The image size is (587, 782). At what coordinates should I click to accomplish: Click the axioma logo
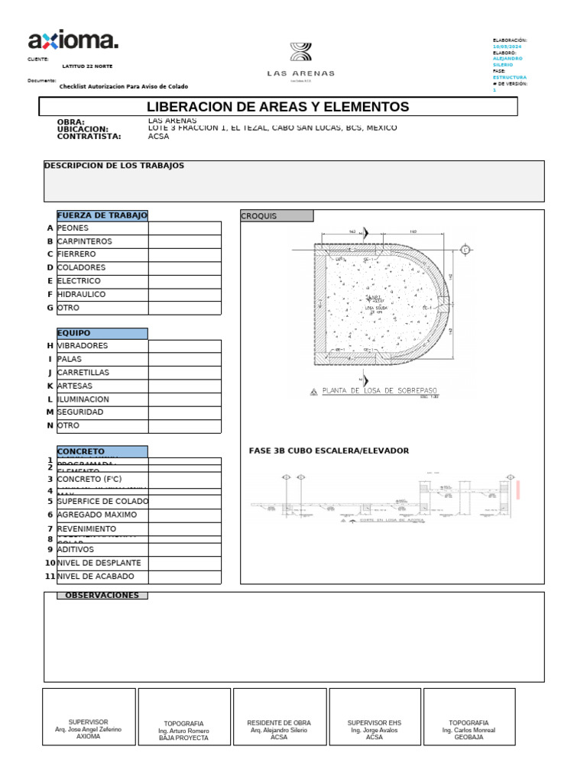click(x=73, y=40)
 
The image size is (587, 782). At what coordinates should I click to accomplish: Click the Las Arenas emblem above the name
click(x=300, y=53)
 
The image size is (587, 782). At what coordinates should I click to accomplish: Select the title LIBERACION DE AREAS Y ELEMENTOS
click(x=277, y=107)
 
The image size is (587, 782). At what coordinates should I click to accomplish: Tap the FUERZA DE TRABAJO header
click(x=102, y=215)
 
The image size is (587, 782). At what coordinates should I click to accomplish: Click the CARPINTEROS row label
click(x=85, y=241)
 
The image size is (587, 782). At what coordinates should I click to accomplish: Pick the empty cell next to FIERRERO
click(x=184, y=254)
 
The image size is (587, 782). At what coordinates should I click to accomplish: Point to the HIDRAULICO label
click(x=82, y=294)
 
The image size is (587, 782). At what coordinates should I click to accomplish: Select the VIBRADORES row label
click(x=83, y=346)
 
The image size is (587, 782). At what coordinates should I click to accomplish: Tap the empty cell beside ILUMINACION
click(x=184, y=399)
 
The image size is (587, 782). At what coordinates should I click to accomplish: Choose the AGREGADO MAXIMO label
click(x=97, y=515)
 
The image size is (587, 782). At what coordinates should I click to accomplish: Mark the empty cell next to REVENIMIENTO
click(x=184, y=528)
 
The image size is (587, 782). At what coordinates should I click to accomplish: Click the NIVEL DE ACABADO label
click(x=96, y=577)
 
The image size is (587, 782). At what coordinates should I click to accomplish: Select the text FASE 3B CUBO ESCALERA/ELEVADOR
click(x=329, y=451)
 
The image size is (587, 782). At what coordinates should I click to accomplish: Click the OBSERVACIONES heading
click(x=102, y=596)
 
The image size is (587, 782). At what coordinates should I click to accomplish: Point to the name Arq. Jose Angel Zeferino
click(x=89, y=730)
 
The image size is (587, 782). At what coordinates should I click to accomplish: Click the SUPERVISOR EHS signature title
click(x=375, y=722)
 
